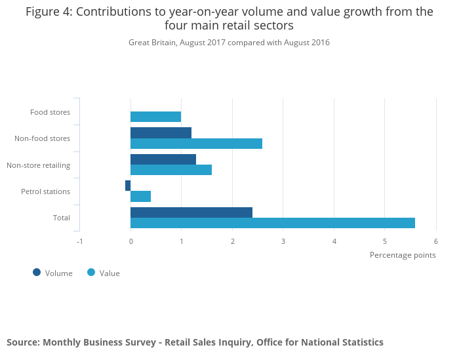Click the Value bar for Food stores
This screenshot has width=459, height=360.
[155, 117]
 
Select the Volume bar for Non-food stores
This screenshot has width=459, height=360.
[161, 132]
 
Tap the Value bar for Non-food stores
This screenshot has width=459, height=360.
[196, 144]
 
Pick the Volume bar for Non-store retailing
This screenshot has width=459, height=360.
[163, 159]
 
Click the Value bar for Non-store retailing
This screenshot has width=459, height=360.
[171, 170]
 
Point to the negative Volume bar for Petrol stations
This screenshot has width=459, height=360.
[128, 186]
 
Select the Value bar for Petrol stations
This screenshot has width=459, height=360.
[140, 196]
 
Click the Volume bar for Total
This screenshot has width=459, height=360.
[191, 212]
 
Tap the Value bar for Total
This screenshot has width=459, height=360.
[273, 223]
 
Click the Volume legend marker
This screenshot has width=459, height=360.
[37, 272]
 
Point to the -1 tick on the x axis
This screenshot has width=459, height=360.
[79, 241]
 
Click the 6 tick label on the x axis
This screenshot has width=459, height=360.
[435, 241]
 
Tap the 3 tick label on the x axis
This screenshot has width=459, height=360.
[283, 241]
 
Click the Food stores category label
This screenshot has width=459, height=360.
[50, 112]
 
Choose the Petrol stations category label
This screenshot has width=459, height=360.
[45, 191]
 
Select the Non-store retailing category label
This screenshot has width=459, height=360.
[38, 165]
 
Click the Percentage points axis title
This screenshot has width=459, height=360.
[403, 255]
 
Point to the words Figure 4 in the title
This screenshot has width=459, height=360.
[47, 12]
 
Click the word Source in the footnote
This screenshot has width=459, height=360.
[22, 342]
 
